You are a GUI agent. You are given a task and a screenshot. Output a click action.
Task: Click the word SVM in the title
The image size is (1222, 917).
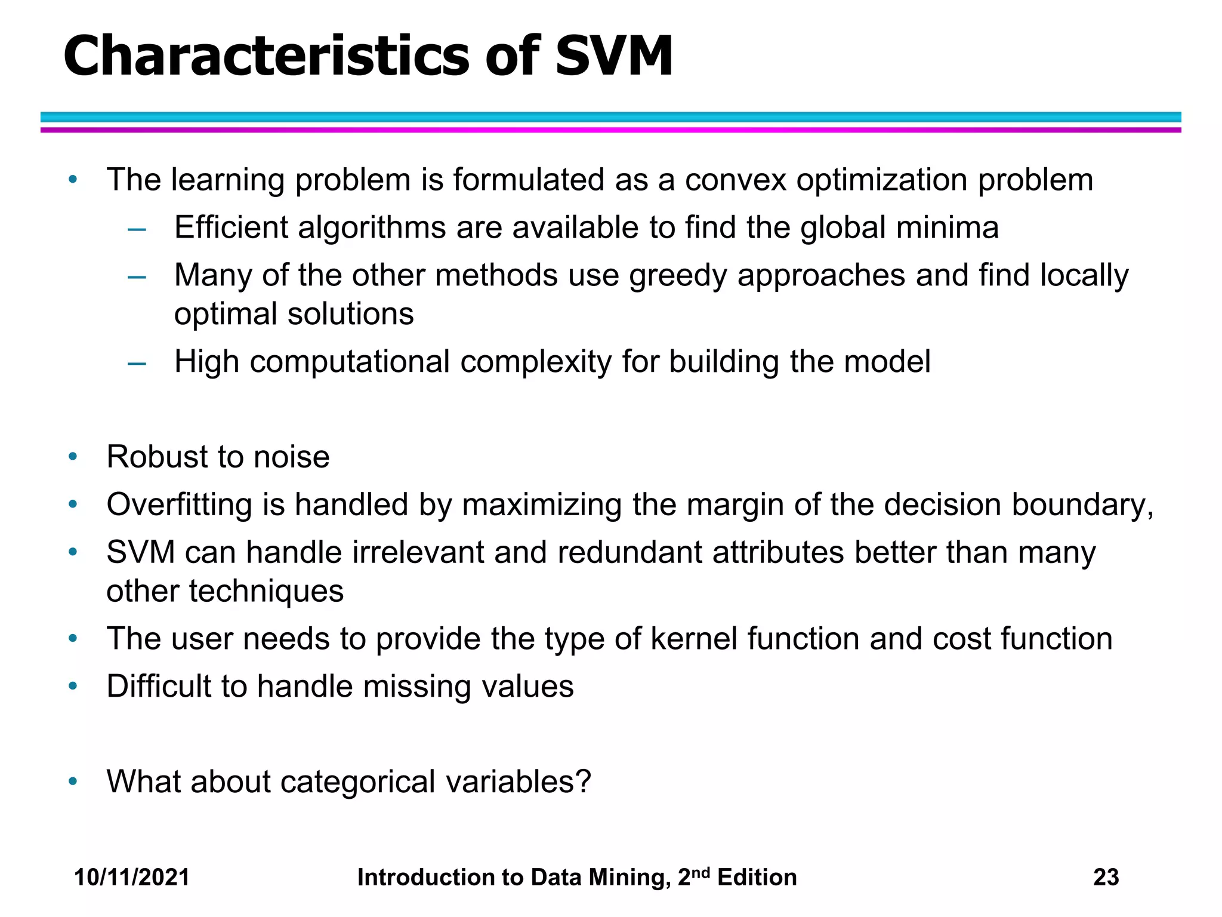pos(614,57)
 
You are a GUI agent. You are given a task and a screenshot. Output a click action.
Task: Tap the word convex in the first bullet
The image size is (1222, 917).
pos(735,180)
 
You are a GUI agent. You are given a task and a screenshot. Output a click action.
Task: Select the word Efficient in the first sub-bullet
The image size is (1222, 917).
pos(231,227)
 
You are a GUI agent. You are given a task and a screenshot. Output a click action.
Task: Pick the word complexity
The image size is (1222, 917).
pos(536,362)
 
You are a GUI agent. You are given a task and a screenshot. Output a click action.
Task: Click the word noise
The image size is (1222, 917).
pos(291,457)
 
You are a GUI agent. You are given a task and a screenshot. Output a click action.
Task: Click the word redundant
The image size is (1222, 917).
pos(629,552)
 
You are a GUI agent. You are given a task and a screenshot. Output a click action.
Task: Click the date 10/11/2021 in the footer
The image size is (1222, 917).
pos(132,878)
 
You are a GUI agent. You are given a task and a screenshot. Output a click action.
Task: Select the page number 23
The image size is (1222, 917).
pos(1106,878)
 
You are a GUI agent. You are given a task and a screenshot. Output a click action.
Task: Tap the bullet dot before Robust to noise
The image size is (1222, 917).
pos(73,457)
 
